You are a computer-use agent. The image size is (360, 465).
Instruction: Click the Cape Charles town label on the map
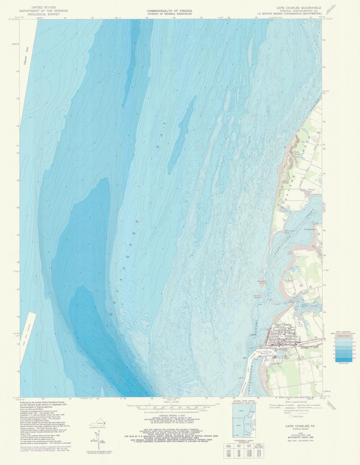(x=284, y=325)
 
